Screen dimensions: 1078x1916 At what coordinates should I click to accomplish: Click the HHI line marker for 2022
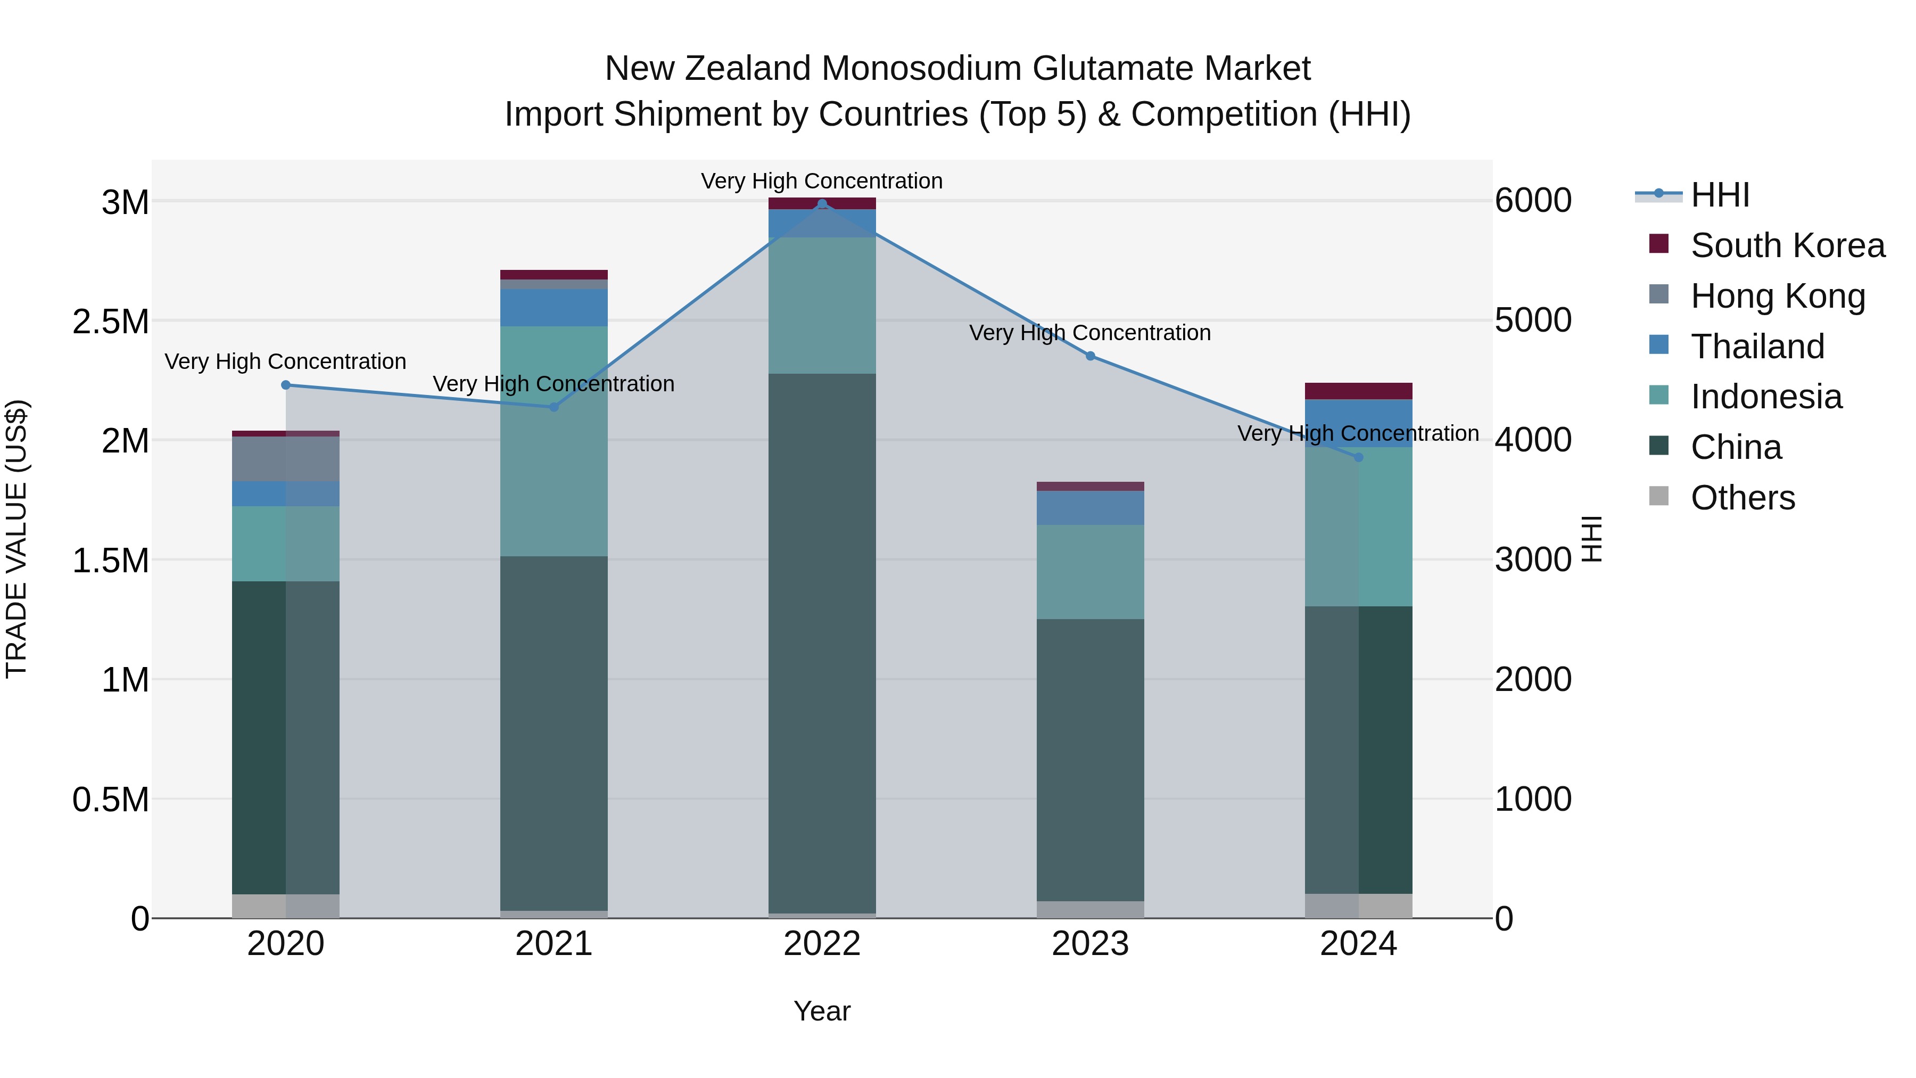click(822, 204)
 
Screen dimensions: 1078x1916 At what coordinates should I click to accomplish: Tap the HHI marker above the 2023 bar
click(1091, 356)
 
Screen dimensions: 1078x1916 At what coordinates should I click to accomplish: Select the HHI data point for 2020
click(286, 385)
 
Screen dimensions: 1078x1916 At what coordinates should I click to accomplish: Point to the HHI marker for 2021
click(554, 407)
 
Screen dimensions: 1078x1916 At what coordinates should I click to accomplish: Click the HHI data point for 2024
click(1359, 457)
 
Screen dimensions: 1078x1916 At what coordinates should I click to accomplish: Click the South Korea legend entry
click(1787, 245)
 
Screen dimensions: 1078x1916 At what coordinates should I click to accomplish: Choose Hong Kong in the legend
click(1778, 296)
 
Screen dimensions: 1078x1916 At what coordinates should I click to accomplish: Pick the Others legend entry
click(1742, 498)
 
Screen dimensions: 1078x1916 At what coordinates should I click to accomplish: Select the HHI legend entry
click(1720, 195)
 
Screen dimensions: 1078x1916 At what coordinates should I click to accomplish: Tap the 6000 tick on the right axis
click(1533, 201)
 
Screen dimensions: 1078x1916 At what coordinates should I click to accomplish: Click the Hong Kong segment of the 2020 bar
click(286, 459)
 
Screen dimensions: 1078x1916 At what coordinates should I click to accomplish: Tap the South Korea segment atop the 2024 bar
click(1359, 391)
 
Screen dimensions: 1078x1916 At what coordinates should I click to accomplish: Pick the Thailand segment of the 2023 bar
click(1091, 508)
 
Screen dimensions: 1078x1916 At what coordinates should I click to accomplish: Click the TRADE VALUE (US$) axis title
click(16, 539)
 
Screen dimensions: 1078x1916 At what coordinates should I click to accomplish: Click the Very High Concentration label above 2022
click(822, 182)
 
